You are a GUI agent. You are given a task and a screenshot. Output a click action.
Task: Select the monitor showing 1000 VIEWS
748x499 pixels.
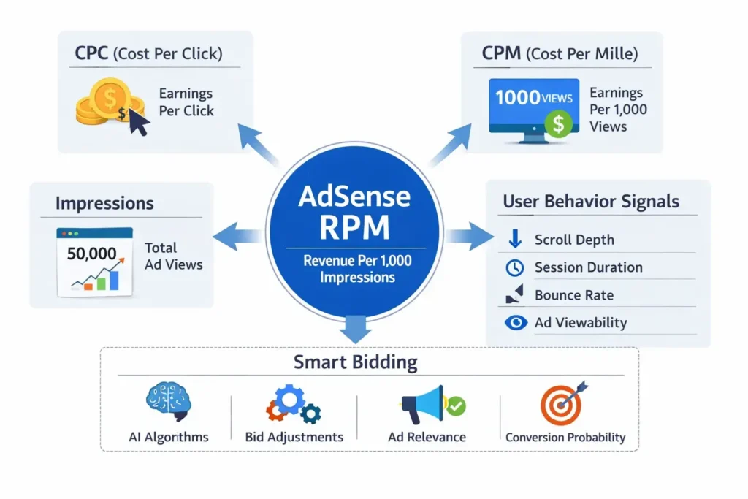pos(533,107)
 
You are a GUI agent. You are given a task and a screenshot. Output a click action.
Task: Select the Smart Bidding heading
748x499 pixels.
pos(355,362)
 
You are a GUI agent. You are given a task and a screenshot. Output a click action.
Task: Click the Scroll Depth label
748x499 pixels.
pos(574,240)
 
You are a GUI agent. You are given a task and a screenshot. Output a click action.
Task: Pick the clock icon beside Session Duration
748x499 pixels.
pos(515,267)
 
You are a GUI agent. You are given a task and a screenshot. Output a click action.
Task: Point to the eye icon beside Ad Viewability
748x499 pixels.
pos(516,322)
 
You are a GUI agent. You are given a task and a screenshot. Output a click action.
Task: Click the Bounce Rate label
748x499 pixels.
pos(574,295)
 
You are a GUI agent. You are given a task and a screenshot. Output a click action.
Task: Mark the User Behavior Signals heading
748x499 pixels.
pos(590,202)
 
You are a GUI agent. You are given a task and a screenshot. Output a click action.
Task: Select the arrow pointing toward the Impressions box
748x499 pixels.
pos(237,236)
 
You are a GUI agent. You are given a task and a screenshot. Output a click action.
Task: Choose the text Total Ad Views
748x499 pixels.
pos(173,256)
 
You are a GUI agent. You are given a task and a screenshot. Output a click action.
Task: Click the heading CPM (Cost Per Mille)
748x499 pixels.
pos(560,53)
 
